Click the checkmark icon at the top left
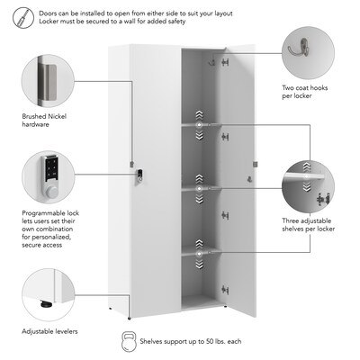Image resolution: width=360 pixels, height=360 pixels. click(20, 15)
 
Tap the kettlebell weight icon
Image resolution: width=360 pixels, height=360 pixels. click(127, 343)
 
